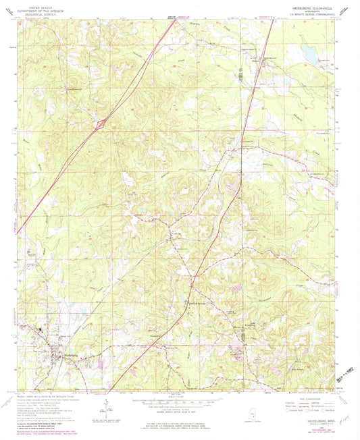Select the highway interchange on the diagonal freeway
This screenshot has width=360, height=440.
100,123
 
